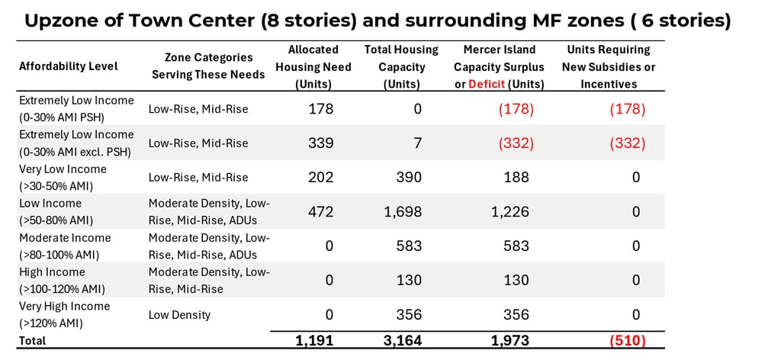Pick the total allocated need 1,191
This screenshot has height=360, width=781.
click(x=314, y=340)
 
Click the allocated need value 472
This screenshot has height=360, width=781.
click(x=320, y=211)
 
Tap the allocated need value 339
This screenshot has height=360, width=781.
click(x=320, y=143)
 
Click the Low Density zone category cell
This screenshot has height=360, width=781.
click(x=179, y=314)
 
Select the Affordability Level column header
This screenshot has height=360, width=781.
click(x=69, y=66)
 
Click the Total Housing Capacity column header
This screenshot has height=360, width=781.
click(x=401, y=66)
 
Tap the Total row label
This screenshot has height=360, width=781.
click(x=33, y=341)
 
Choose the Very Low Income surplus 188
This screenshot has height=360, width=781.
click(x=516, y=177)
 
